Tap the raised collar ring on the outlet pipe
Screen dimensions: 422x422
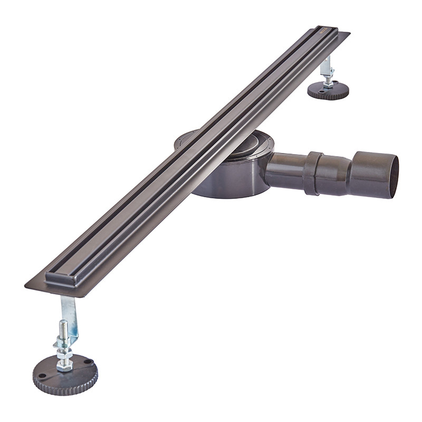312,173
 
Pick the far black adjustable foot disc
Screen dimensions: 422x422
328,91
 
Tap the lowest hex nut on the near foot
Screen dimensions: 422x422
65,365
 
